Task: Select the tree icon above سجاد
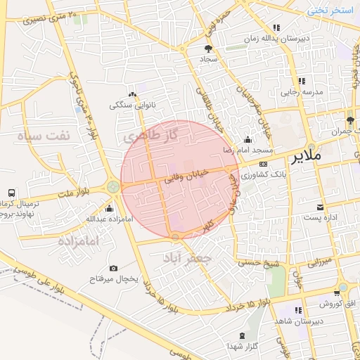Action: click(x=208, y=49)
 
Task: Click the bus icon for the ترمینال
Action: click(x=11, y=193)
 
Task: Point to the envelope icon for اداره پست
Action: click(x=320, y=207)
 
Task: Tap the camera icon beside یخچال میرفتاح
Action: click(x=114, y=269)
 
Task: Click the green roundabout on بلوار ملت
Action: click(x=112, y=187)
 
